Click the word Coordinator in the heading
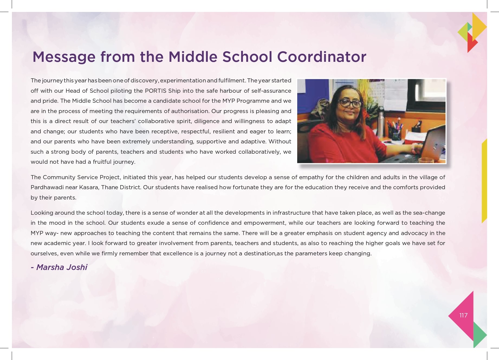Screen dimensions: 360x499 (322, 57)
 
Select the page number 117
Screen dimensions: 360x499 (463, 315)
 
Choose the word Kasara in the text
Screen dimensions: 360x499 (89, 187)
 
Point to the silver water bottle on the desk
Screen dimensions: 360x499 (381, 122)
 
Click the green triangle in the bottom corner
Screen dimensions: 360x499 (479, 335)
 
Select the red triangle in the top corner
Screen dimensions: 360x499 (471, 43)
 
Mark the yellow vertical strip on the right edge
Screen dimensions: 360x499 (484, 182)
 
